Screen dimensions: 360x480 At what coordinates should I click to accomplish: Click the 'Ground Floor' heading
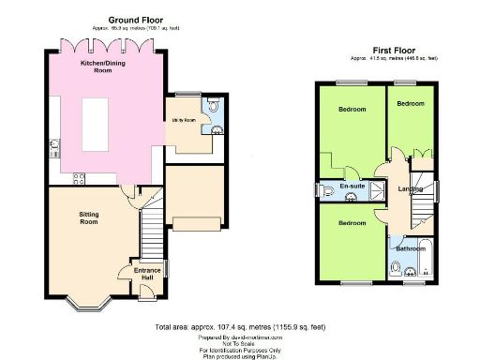pyautogui.click(x=139, y=19)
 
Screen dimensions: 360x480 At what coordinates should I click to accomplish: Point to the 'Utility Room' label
pyautogui.click(x=183, y=120)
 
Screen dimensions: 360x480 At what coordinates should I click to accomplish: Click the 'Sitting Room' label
pyautogui.click(x=88, y=218)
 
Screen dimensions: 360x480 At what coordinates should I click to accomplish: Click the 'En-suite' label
pyautogui.click(x=352, y=187)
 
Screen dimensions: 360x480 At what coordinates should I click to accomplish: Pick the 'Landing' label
pyautogui.click(x=410, y=191)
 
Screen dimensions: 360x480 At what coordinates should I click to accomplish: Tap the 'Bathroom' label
pyautogui.click(x=409, y=248)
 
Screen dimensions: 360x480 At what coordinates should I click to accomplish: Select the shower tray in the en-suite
pyautogui.click(x=376, y=189)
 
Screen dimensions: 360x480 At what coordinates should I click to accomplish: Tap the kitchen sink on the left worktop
pyautogui.click(x=55, y=145)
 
